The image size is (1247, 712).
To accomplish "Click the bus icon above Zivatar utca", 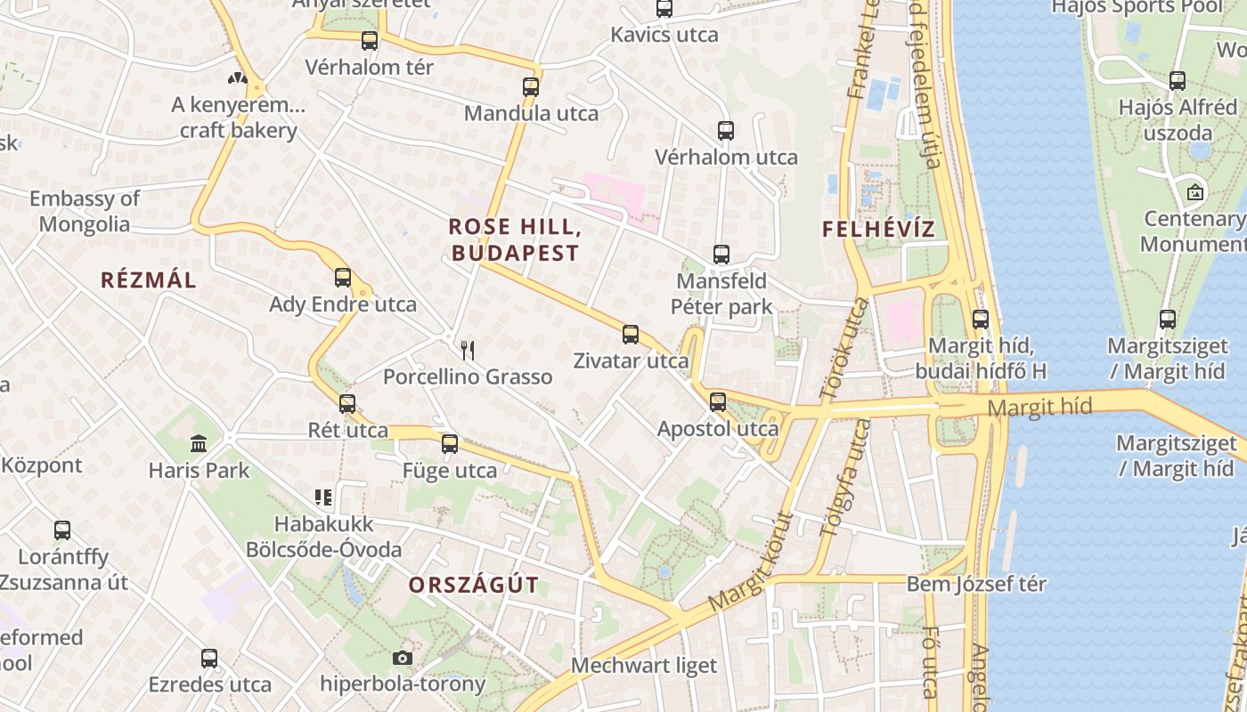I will tap(631, 335).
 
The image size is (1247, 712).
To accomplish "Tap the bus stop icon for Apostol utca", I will tap(718, 402).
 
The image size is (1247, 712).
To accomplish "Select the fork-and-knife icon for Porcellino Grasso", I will tap(468, 350).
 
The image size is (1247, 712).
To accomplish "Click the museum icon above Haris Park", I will tap(199, 443).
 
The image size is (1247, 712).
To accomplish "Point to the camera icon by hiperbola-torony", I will tap(403, 659).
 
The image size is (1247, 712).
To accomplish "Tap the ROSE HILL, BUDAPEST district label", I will tap(516, 240).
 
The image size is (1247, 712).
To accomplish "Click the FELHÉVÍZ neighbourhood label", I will tap(878, 229).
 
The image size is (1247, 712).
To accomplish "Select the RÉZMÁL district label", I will tap(149, 280).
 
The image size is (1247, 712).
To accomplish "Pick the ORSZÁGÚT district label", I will tap(474, 585).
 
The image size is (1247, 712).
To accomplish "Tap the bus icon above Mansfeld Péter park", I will tap(721, 255).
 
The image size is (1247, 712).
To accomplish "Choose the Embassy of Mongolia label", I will tap(85, 211).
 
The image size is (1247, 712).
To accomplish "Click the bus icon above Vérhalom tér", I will tap(370, 41).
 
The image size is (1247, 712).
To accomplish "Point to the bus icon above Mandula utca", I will tap(531, 87).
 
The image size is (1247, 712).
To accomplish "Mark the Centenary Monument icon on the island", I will tap(1194, 192).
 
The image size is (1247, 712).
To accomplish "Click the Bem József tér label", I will tap(976, 585).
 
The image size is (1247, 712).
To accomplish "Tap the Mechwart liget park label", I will tap(644, 666).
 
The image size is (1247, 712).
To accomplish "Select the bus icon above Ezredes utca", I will tap(209, 659).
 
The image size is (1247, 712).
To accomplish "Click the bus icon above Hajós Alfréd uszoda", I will tap(1178, 81).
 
